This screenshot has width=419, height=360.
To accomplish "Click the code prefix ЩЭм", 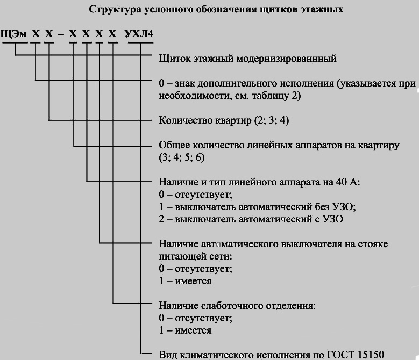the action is pos(13,34).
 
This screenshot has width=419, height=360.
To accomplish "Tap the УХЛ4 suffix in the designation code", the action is pos(139,34).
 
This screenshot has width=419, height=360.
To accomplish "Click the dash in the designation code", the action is pos(61,34).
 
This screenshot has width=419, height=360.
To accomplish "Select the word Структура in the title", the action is pos(115,9).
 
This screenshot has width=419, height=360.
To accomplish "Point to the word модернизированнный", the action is pos(287,58).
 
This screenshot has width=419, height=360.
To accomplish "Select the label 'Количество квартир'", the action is pos(205,120).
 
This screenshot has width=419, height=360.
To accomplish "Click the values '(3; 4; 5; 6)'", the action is pos(182,157).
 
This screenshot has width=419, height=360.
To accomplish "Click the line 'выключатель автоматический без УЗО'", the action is pos(265,207).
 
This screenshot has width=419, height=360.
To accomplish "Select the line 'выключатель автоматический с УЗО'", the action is pos(259,219).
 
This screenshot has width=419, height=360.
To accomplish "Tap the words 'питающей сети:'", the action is pos(196,256).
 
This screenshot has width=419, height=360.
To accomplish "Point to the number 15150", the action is pos(371,355).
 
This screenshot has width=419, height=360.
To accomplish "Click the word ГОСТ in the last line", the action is pos(341,355).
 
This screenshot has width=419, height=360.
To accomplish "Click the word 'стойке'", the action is pos(373,244).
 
